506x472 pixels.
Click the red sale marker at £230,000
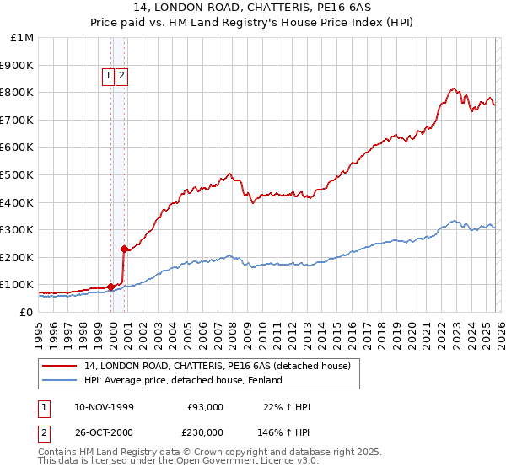tap(125, 249)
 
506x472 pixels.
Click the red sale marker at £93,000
tap(110, 287)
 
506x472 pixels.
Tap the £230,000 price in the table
tap(205, 432)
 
